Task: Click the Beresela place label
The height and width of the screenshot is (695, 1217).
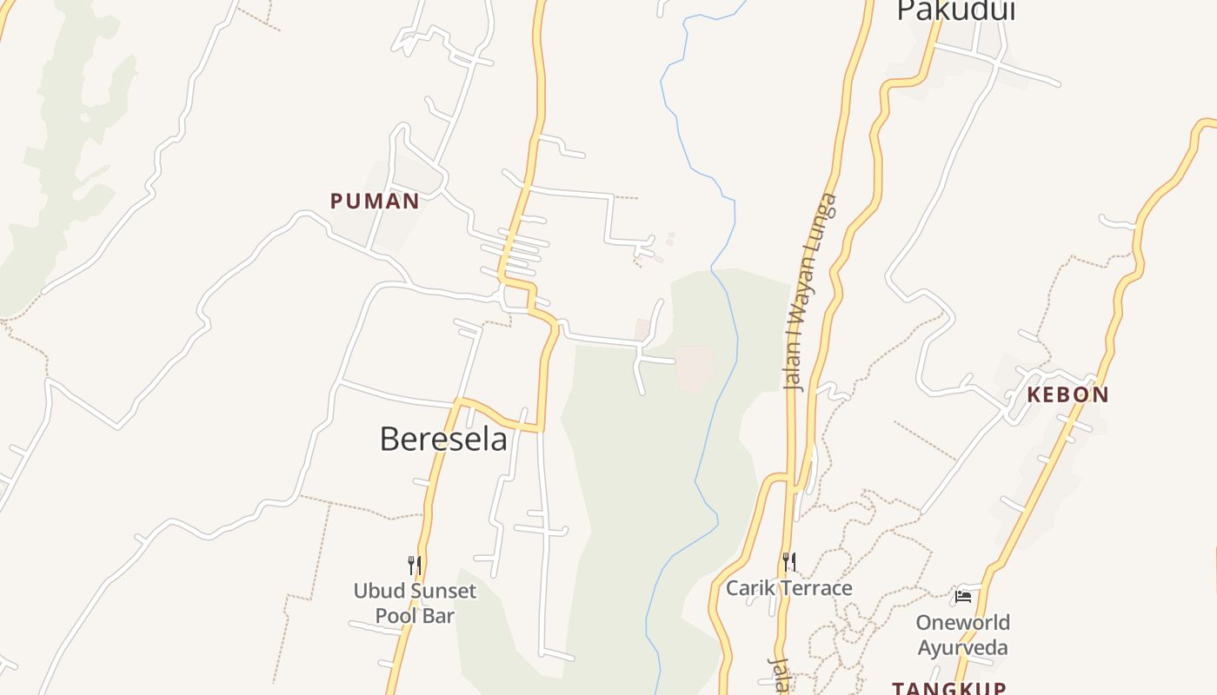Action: tap(443, 439)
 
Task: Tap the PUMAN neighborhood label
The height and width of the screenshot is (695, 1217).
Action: tap(375, 202)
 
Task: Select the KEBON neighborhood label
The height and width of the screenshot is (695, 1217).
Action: tap(1067, 394)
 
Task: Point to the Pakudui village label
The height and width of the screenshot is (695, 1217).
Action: tap(956, 10)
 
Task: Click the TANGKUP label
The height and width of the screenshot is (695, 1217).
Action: tap(949, 688)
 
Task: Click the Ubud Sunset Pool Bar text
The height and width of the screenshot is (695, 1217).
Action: tap(415, 603)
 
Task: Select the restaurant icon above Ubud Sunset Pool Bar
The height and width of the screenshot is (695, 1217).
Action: tap(415, 566)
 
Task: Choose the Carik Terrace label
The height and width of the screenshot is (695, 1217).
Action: tap(788, 588)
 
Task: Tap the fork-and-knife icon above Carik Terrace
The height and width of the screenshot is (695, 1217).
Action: tap(788, 562)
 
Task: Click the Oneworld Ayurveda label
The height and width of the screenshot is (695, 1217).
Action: tap(962, 635)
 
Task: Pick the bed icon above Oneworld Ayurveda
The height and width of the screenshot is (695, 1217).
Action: tap(962, 597)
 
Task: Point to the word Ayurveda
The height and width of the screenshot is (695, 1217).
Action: tap(962, 648)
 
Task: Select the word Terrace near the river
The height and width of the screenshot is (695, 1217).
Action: tap(816, 588)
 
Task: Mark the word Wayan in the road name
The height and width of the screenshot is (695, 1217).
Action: tap(805, 306)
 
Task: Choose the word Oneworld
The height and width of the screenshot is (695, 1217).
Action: tap(962, 623)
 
